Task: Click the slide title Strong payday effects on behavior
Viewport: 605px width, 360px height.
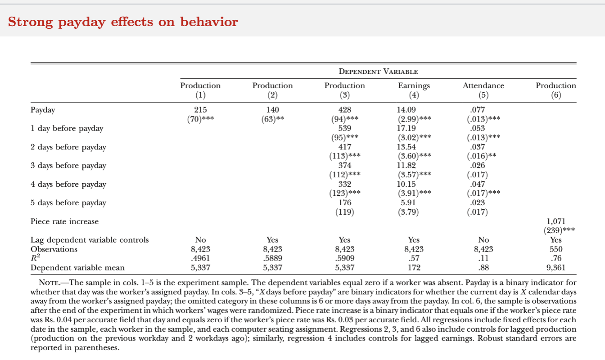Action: tap(123, 22)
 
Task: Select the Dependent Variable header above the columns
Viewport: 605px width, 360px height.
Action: tap(378, 72)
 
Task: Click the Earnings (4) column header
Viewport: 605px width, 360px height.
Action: tap(414, 90)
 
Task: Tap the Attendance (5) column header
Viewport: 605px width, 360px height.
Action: tap(483, 90)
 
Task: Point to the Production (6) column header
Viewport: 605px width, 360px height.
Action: tap(555, 90)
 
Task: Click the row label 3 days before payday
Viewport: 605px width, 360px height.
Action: tap(68, 166)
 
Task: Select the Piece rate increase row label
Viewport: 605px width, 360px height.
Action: tap(64, 221)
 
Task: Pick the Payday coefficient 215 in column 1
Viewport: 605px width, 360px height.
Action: tap(200, 110)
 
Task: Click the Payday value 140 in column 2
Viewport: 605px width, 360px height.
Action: tap(272, 110)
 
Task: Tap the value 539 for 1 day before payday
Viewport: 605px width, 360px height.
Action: tap(344, 128)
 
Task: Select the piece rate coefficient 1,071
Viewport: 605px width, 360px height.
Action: tap(555, 221)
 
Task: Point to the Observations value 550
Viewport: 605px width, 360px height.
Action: tap(555, 249)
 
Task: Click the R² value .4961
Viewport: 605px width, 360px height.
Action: tap(200, 258)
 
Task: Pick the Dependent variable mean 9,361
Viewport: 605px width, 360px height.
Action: tap(555, 268)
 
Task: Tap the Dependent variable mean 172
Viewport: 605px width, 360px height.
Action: tap(414, 268)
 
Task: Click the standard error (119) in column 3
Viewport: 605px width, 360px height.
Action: tap(344, 212)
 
